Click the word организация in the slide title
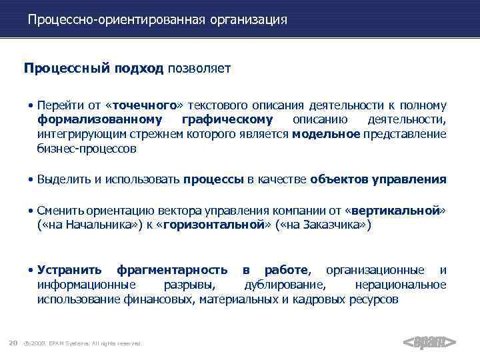pyautogui.click(x=248, y=20)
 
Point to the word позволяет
pyautogui.click(x=199, y=69)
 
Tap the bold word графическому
pyautogui.click(x=227, y=120)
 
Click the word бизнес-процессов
pyautogui.click(x=86, y=149)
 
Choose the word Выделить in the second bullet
pyautogui.click(x=61, y=179)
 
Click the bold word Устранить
pyautogui.click(x=69, y=270)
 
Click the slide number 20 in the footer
pyautogui.click(x=13, y=343)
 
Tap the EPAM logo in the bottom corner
pyautogui.click(x=430, y=343)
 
